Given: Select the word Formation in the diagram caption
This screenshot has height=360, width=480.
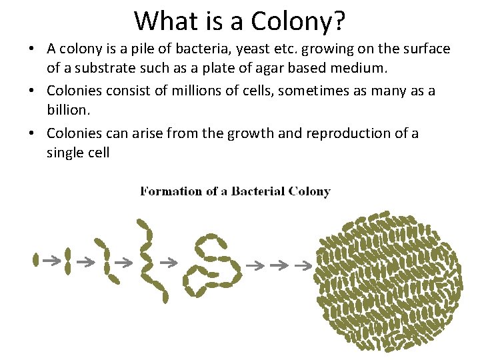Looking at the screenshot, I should tap(171, 191).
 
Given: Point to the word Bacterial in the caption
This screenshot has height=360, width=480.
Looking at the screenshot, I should tap(258, 191).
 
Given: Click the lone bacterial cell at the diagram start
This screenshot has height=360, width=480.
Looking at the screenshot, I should tap(36, 260).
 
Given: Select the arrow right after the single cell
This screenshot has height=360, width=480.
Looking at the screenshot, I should tap(51, 261).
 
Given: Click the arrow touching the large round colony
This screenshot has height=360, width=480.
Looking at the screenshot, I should tap(304, 266).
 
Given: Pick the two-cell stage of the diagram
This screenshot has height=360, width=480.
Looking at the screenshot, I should tap(67, 261).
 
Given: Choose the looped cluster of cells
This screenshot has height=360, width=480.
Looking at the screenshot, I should tap(215, 265).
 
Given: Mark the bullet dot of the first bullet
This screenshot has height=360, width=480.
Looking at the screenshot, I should tap(33, 49).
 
